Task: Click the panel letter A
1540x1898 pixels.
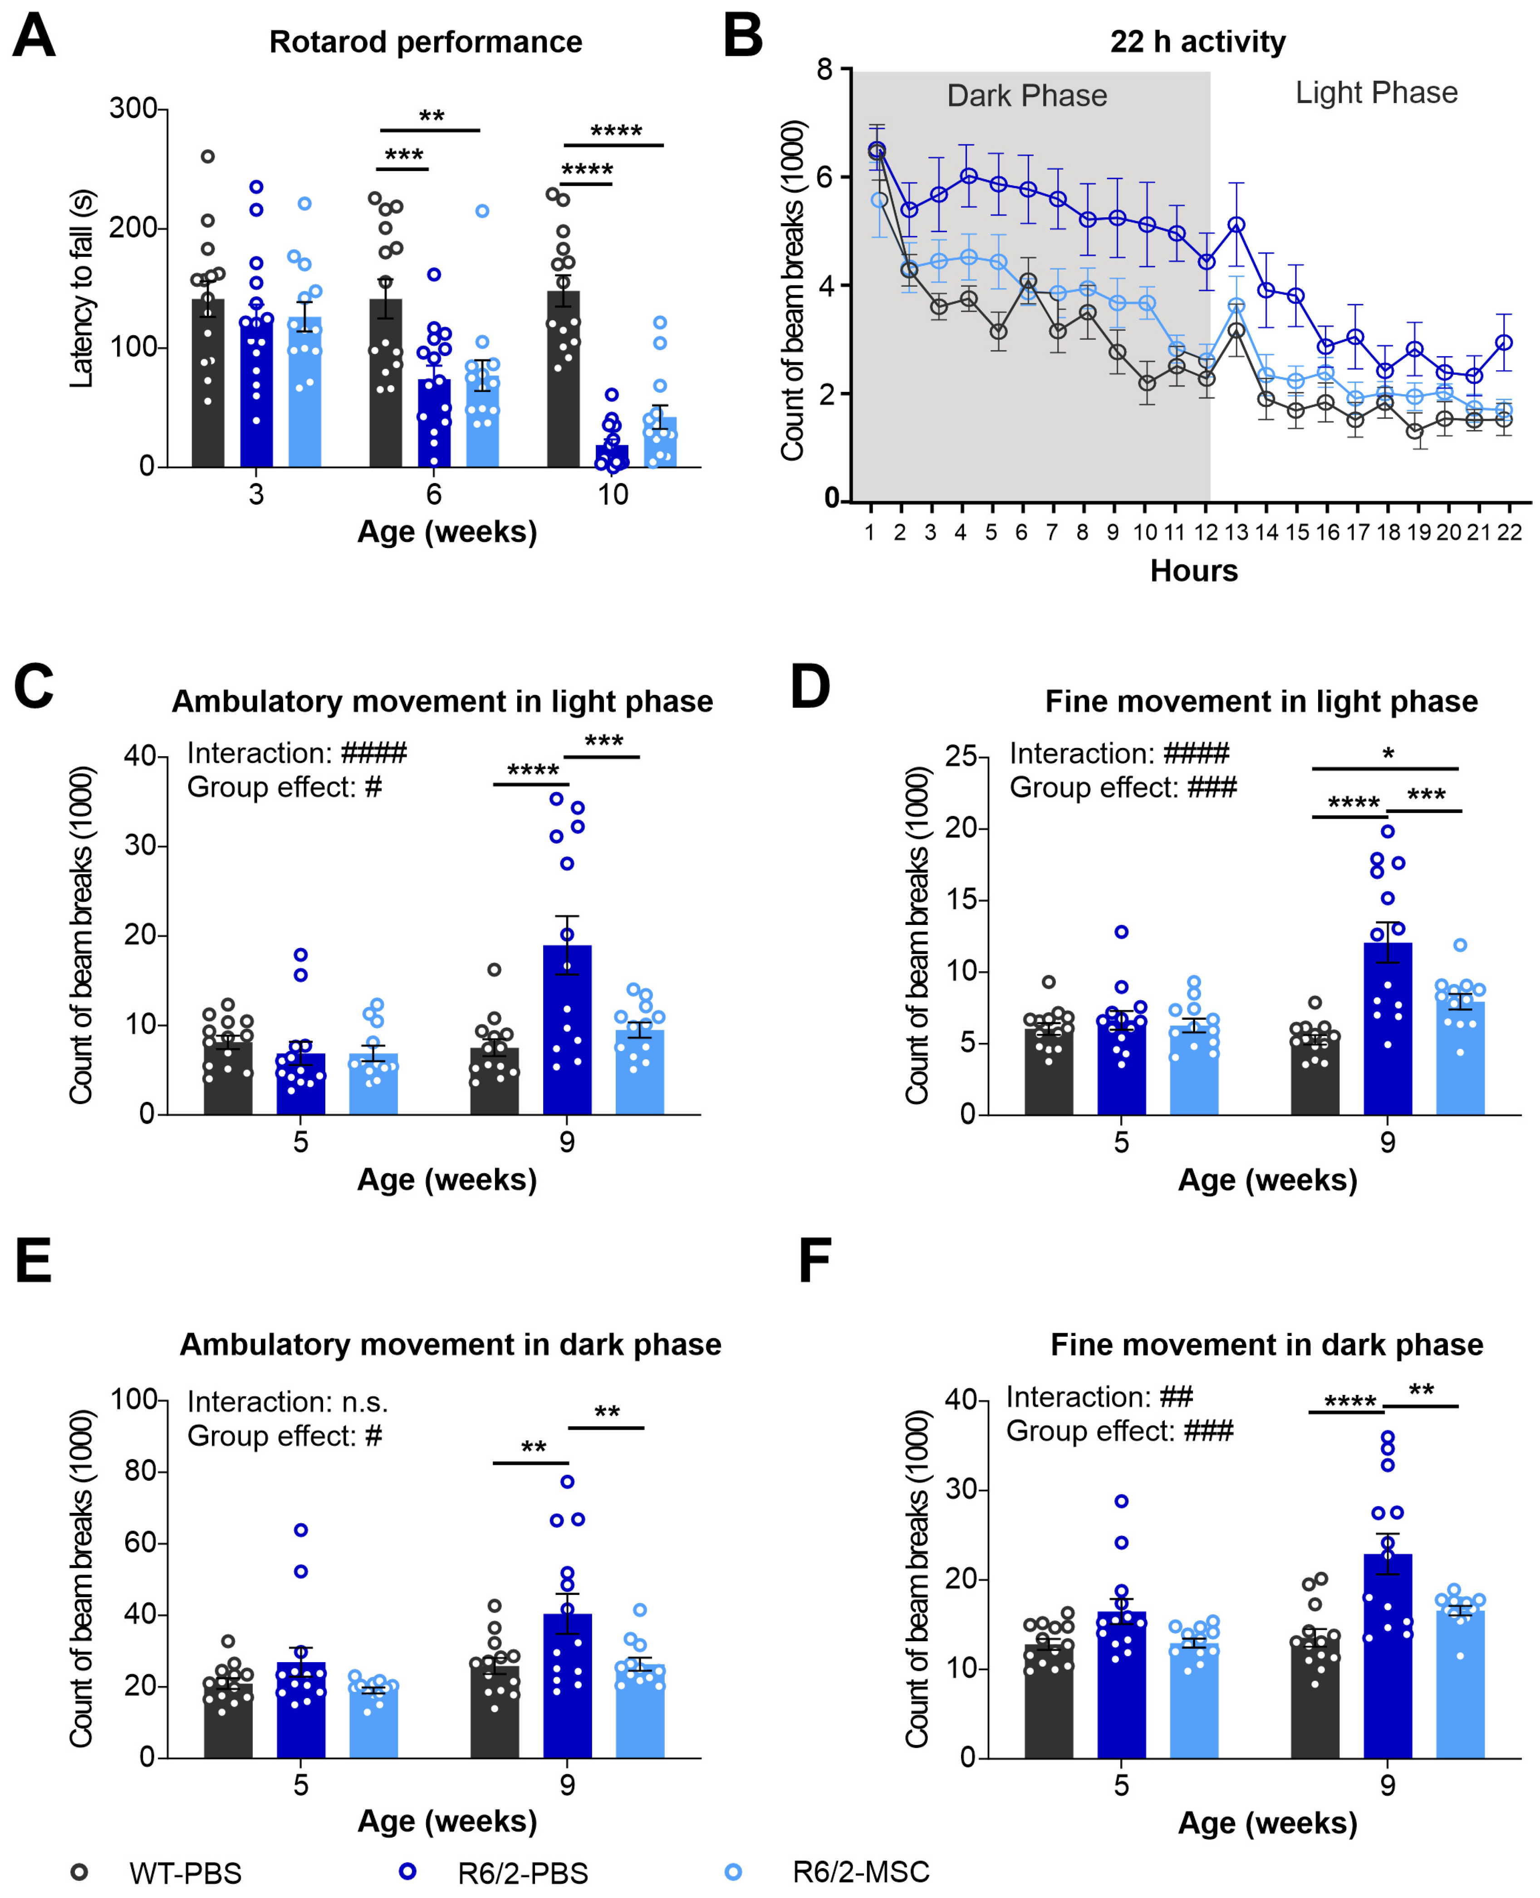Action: (34, 37)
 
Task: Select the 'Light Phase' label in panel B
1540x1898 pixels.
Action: (1376, 92)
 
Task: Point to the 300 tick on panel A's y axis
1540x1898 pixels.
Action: (133, 108)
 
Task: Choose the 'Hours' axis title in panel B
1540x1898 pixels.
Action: (1193, 570)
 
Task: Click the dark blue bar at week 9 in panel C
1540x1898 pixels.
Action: (567, 1029)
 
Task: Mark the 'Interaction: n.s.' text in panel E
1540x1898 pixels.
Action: (287, 1401)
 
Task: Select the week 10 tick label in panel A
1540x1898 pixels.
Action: (612, 494)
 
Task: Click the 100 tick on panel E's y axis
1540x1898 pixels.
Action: (133, 1399)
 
